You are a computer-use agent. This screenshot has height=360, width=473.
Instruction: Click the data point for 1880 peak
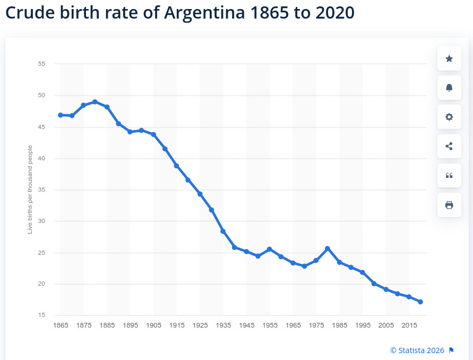click(95, 101)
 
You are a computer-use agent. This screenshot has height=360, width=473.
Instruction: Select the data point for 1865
click(61, 115)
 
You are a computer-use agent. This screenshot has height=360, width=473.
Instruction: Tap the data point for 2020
click(420, 302)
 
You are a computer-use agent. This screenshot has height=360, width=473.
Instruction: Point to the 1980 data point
click(328, 248)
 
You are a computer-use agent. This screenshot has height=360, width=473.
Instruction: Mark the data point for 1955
click(270, 249)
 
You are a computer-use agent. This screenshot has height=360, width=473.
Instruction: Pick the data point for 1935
click(223, 231)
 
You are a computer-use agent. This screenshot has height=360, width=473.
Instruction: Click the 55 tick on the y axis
click(41, 64)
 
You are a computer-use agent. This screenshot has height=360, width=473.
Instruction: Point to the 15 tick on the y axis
click(41, 315)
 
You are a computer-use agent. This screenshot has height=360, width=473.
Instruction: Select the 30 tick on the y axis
click(41, 221)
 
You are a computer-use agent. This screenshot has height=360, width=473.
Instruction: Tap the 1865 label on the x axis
click(61, 325)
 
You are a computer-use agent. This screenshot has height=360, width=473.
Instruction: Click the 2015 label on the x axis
click(409, 325)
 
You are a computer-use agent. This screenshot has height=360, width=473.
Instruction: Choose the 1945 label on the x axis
click(246, 325)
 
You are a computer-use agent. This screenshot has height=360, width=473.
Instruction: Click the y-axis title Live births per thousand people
click(30, 190)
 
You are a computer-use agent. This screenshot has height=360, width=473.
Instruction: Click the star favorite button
click(449, 58)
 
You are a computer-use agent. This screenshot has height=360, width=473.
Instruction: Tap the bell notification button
click(449, 88)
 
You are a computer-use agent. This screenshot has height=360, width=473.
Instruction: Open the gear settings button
click(449, 117)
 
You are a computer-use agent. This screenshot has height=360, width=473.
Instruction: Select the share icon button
click(449, 146)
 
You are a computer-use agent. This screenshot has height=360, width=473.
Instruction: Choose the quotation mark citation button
click(449, 175)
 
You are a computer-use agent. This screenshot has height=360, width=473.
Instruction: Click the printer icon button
click(449, 205)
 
